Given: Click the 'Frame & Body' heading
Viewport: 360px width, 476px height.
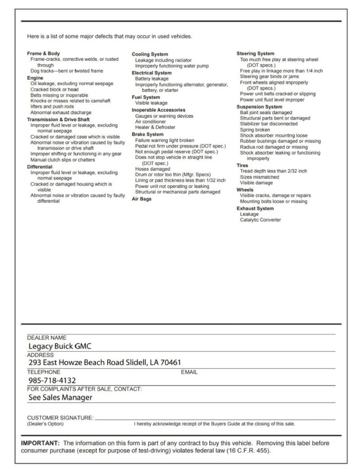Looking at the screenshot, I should pyautogui.click(x=43, y=54).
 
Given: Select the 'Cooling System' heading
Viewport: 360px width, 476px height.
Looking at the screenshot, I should pyautogui.click(x=150, y=54).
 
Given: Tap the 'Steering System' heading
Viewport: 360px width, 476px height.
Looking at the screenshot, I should pyautogui.click(x=255, y=54).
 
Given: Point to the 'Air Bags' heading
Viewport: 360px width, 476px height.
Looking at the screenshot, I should pyautogui.click(x=141, y=199).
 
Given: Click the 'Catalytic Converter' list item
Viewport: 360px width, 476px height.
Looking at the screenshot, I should pyautogui.click(x=260, y=220).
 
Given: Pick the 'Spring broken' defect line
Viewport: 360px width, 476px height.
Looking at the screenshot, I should pyautogui.click(x=255, y=130).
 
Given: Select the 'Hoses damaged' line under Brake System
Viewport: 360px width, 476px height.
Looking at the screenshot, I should pyautogui.click(x=152, y=169).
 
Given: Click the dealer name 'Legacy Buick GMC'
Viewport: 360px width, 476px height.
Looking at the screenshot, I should pyautogui.click(x=60, y=346).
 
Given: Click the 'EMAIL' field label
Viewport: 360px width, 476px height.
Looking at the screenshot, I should pyautogui.click(x=189, y=372).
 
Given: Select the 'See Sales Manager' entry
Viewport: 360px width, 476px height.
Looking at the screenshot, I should pyautogui.click(x=60, y=397).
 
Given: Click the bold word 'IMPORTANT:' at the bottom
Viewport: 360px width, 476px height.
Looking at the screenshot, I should pyautogui.click(x=41, y=443).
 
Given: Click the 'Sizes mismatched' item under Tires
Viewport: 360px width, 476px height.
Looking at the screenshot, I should pyautogui.click(x=259, y=177).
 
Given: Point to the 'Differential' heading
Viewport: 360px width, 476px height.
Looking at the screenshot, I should pyautogui.click(x=39, y=167).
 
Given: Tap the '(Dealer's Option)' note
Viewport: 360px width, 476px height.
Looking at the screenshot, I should pyautogui.click(x=45, y=424).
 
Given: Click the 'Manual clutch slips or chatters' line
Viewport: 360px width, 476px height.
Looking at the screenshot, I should pyautogui.click(x=63, y=160).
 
